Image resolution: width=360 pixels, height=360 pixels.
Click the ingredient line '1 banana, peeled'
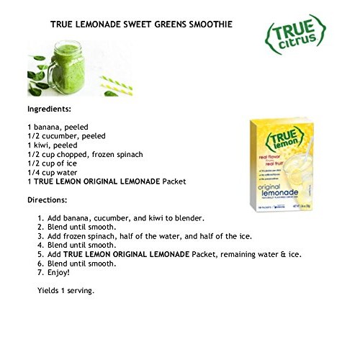[x=58, y=126]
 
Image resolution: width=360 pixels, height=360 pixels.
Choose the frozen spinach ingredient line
[x=85, y=154]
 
